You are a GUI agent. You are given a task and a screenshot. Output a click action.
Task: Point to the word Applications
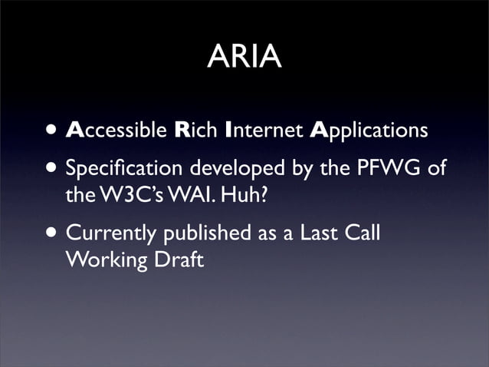[369, 131]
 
